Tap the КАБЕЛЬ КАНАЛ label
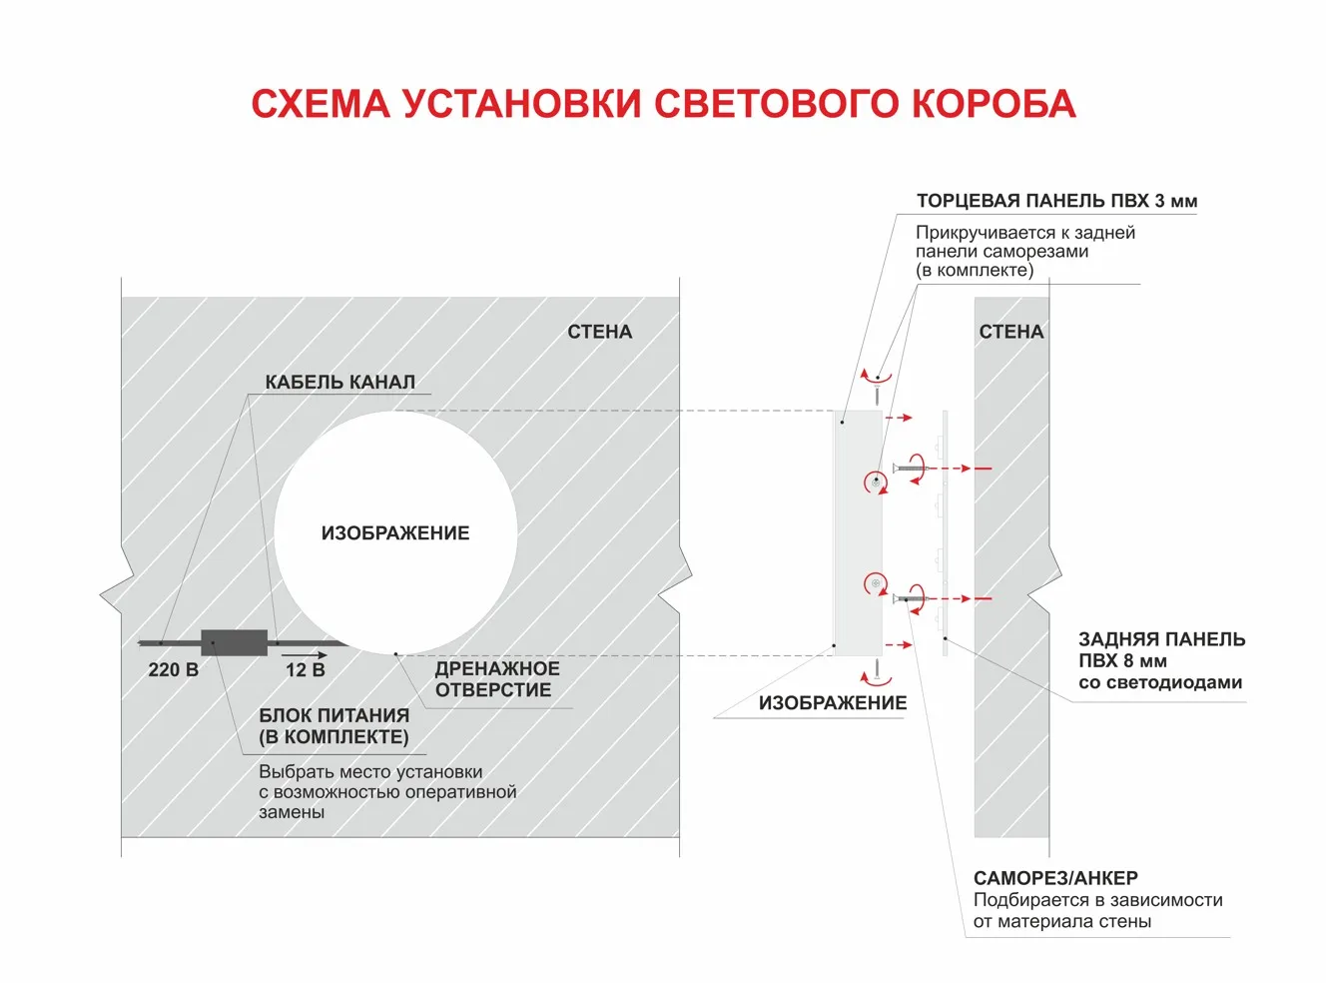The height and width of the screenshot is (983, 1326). click(339, 382)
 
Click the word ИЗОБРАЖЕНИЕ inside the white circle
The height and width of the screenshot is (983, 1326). click(395, 533)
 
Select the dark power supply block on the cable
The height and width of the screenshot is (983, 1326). click(235, 642)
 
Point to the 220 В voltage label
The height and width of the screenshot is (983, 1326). click(173, 670)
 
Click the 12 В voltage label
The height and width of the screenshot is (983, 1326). click(305, 670)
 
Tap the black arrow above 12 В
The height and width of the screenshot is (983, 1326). click(305, 655)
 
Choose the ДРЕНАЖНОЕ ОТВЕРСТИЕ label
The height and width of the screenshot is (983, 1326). click(496, 679)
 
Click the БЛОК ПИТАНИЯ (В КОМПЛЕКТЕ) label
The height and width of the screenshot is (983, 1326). click(333, 726)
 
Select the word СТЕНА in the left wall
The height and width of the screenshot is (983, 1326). click(599, 332)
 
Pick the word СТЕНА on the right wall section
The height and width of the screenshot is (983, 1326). click(1010, 332)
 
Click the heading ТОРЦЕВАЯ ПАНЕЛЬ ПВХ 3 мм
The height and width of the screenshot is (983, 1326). click(1056, 201)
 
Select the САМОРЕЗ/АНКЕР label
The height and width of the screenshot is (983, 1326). click(1055, 878)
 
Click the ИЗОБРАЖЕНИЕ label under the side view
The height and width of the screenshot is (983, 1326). click(832, 703)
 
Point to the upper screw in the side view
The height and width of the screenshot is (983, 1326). click(910, 467)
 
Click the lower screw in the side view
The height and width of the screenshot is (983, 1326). click(910, 599)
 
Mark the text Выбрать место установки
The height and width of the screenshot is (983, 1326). click(370, 772)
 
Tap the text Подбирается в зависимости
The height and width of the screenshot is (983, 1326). click(1097, 900)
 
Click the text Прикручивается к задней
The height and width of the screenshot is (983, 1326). click(1024, 233)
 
